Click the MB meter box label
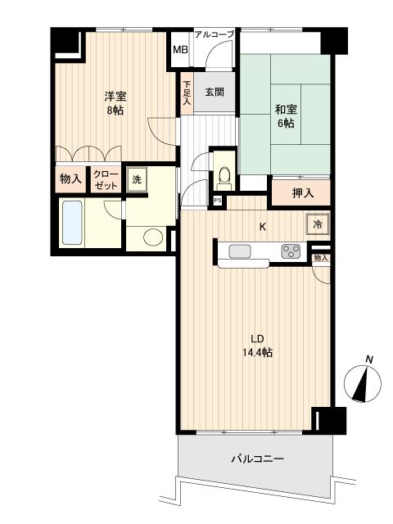(x=180, y=50)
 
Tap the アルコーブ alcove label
(x=214, y=34)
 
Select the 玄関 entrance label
(x=215, y=92)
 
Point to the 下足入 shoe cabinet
(x=187, y=93)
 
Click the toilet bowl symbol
(x=224, y=176)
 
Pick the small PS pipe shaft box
(x=218, y=201)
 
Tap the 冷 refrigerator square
(x=317, y=224)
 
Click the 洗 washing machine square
(x=137, y=180)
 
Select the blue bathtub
(x=72, y=222)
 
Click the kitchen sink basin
(x=240, y=251)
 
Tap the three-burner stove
(x=291, y=251)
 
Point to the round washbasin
(x=153, y=237)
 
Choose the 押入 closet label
(x=303, y=193)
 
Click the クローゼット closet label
(x=106, y=180)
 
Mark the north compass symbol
(x=363, y=382)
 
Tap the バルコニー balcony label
(x=258, y=458)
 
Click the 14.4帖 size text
(x=257, y=352)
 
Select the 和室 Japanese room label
(x=286, y=109)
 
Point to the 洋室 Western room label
(x=115, y=97)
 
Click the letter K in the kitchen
(x=263, y=228)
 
